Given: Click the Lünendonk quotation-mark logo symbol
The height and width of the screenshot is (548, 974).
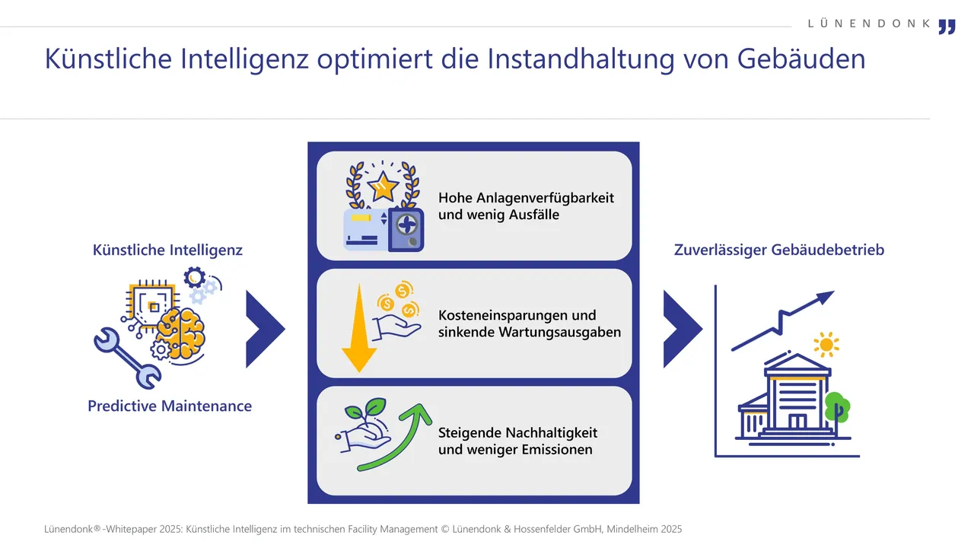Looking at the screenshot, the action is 947,27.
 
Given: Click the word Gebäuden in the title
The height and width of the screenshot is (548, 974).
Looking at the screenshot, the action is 801,59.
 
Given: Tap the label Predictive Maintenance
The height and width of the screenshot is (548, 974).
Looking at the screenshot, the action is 170,406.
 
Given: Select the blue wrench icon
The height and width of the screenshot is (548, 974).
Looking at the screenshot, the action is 127,358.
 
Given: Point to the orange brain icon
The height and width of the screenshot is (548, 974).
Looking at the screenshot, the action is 181,333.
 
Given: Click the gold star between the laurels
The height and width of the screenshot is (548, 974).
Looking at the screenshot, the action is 383,186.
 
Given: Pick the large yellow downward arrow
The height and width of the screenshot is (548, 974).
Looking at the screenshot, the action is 359,328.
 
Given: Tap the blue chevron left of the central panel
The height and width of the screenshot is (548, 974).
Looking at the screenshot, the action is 264,330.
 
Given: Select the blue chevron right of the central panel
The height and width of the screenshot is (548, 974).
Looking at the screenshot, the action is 682,330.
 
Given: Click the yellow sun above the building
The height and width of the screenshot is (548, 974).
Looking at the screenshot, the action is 826,345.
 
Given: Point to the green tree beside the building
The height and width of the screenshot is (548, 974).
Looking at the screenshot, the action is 837,407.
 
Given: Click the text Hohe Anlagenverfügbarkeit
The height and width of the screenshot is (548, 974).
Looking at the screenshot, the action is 526,198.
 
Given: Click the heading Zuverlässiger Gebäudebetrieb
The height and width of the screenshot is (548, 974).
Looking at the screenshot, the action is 778,250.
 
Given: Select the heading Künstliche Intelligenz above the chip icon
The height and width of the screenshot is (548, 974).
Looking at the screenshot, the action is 167,250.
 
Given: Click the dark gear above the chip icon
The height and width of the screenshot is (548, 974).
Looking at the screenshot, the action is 194,277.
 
